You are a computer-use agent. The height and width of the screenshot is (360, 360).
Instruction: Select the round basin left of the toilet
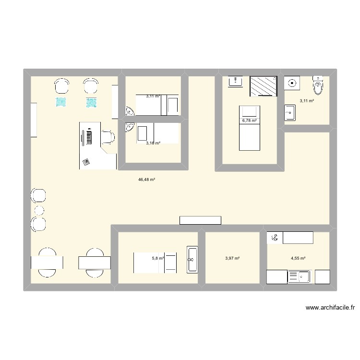pos(292,84)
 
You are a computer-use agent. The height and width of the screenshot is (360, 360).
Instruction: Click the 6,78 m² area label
pos(250,120)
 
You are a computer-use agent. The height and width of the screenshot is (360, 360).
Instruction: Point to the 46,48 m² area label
pos(146,180)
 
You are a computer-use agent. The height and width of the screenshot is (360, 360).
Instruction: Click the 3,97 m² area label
pos(232,258)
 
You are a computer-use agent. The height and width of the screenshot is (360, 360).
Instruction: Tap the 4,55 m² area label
pos(298,258)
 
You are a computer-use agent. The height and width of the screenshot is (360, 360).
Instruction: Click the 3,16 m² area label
pos(153,143)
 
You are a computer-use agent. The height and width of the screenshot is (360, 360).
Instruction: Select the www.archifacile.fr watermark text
pos(329,308)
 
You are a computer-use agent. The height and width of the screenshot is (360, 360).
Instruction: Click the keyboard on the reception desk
pos(89,138)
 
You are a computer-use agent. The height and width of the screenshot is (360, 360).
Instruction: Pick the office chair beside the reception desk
pos(108,137)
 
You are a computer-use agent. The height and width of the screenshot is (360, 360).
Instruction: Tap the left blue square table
pos(61,102)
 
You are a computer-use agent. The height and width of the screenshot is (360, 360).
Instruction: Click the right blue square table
pos(91,102)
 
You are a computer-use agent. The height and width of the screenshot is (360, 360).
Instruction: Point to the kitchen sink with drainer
pos(299,277)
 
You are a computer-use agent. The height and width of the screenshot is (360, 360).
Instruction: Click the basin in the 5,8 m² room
pos(192,259)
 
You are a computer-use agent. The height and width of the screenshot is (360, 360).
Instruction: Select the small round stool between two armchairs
pos(39,210)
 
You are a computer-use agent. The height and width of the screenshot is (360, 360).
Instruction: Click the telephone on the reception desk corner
pos(86,162)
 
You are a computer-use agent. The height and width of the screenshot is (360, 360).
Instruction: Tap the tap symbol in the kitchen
pos(275,237)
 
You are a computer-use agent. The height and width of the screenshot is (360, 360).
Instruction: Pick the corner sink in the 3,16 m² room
pos(129,128)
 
